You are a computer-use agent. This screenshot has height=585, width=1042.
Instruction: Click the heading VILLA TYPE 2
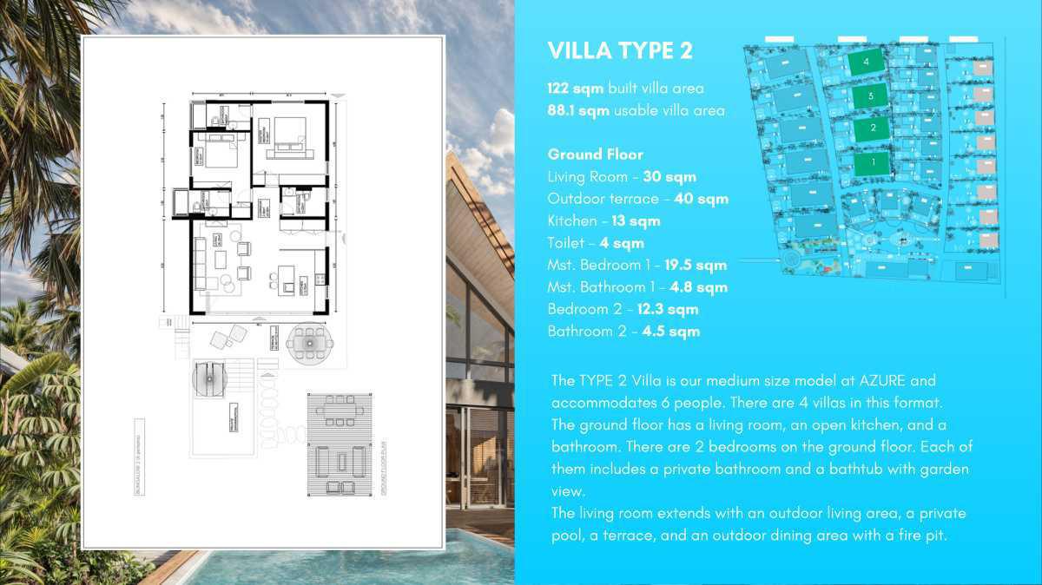coord(620,51)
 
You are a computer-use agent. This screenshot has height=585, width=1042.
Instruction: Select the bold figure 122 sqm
coord(575,89)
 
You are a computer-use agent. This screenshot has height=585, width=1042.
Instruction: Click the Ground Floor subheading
coord(595,154)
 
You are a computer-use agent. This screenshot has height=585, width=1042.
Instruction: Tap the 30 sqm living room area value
coord(669,177)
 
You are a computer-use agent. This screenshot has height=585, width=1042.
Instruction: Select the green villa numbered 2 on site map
coord(871,128)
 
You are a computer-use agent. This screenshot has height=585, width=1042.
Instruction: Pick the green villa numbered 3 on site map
coord(869,95)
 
